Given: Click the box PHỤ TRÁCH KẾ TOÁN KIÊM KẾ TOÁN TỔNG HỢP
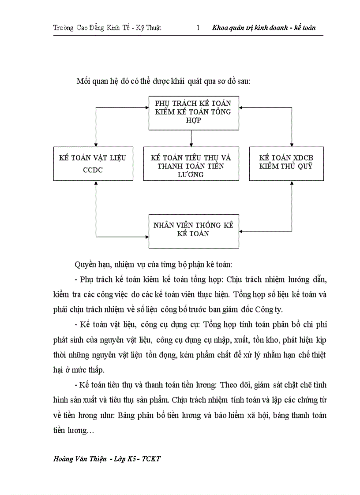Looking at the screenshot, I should pos(194,112).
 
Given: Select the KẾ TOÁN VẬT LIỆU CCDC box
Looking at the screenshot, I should pos(93,164).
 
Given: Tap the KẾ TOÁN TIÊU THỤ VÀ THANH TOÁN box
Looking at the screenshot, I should pos(191,164).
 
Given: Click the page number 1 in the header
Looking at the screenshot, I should pos(198,28).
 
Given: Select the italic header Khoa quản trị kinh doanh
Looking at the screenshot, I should pos(249,28).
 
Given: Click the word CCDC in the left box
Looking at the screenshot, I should pos(93,170).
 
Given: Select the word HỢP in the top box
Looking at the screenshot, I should pos(193,120).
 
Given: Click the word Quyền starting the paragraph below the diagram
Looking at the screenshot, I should pos(87,265).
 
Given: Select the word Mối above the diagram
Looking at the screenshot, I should pos(84,81).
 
